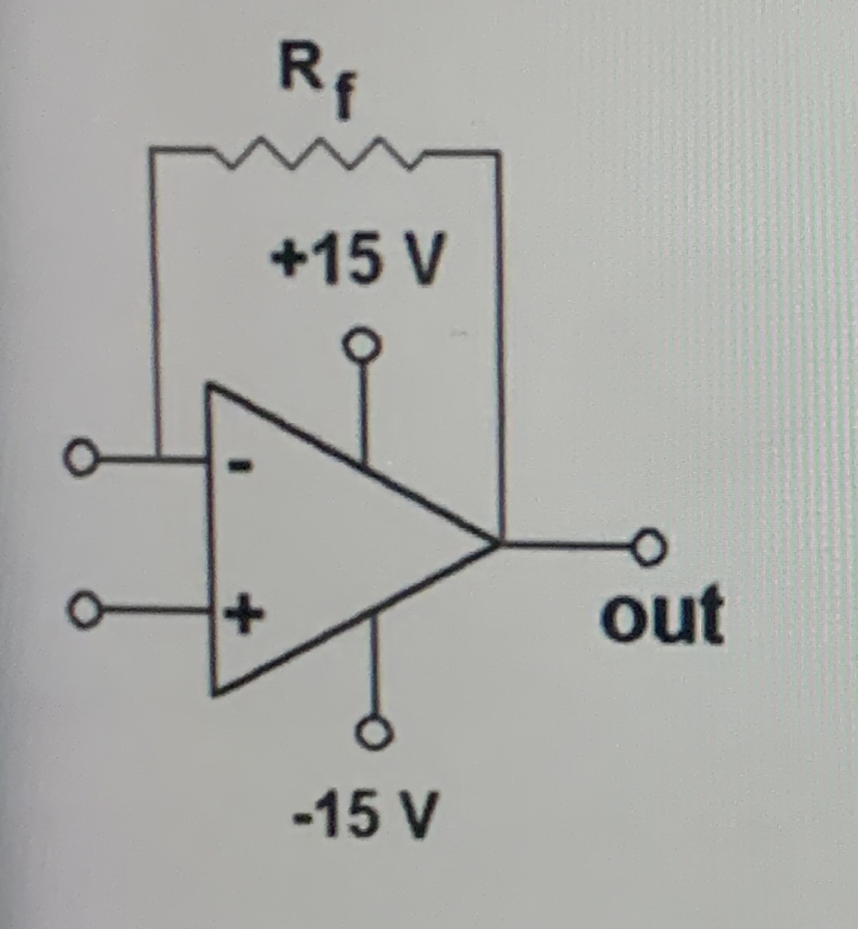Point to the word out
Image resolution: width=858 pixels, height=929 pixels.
pos(662,614)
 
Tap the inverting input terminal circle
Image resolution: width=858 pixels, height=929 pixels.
pos(81,458)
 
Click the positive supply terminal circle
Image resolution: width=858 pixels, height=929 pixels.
pos(361,344)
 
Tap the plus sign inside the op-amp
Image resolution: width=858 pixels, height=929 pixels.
pos(243,614)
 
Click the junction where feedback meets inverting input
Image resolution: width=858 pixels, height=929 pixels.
pos(156,459)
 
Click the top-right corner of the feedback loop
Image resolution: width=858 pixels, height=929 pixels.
pos(497,153)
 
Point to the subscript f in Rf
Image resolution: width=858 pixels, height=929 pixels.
pos(343,101)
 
